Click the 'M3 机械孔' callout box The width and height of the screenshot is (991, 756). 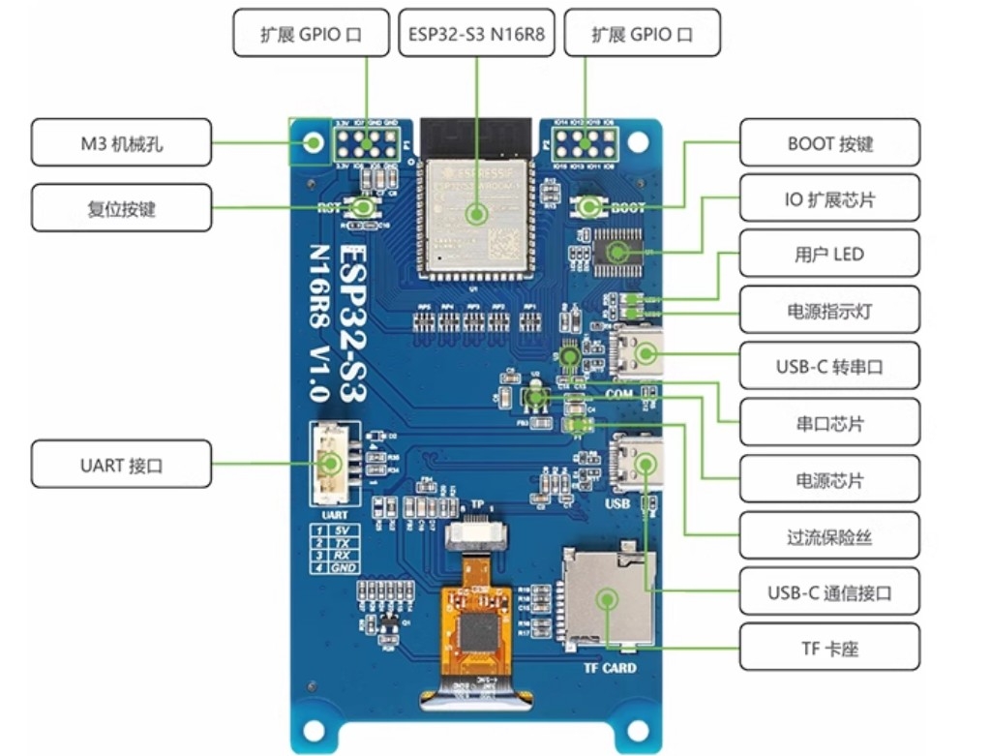click(121, 143)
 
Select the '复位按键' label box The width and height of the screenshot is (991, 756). click(121, 207)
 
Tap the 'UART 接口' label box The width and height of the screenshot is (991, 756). click(121, 465)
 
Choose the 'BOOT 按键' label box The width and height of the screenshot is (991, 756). click(829, 143)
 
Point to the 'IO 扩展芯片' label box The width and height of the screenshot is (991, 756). click(829, 199)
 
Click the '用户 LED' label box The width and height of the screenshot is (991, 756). click(829, 255)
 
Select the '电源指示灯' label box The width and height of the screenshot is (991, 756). click(829, 311)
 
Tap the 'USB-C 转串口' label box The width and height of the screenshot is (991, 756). click(829, 367)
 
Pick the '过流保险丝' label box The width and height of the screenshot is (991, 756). click(829, 535)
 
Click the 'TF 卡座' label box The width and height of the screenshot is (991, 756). click(829, 648)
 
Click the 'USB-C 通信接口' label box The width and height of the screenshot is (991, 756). click(829, 591)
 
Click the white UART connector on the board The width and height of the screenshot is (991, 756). click(329, 465)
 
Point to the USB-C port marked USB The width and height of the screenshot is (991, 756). click(638, 466)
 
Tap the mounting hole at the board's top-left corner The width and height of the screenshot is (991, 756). click(313, 142)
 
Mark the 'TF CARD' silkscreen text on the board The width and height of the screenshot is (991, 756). click(610, 667)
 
